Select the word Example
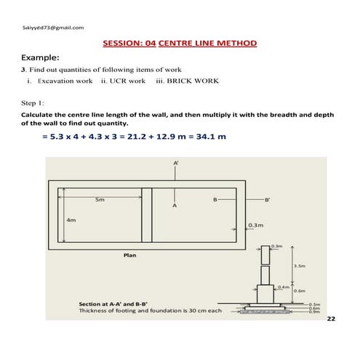40,57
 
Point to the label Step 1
33,103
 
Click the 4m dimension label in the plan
71,219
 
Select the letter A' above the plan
175,164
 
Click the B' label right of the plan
267,199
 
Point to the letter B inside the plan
215,199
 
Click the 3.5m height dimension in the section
299,266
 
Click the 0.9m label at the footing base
315,312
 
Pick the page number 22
332,319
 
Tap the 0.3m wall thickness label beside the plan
255,225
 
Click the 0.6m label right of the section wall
298,291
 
